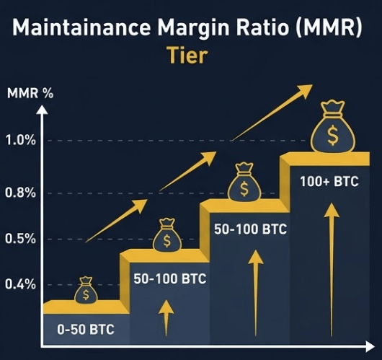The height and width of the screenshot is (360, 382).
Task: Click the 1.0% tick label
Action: point(21,140)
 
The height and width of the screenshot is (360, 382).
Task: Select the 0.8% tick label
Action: point(21,193)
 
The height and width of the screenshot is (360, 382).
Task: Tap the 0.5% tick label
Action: point(21,239)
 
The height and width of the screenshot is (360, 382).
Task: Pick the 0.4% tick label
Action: point(21,284)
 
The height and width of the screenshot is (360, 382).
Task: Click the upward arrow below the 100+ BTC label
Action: point(331,267)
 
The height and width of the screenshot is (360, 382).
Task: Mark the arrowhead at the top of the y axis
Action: point(44,110)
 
